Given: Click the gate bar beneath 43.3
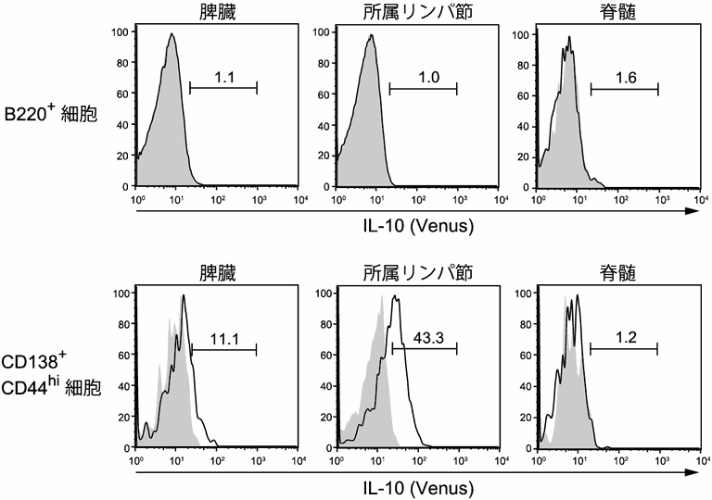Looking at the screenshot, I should tap(425, 349).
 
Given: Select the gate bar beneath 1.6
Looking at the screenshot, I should tap(624, 90).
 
